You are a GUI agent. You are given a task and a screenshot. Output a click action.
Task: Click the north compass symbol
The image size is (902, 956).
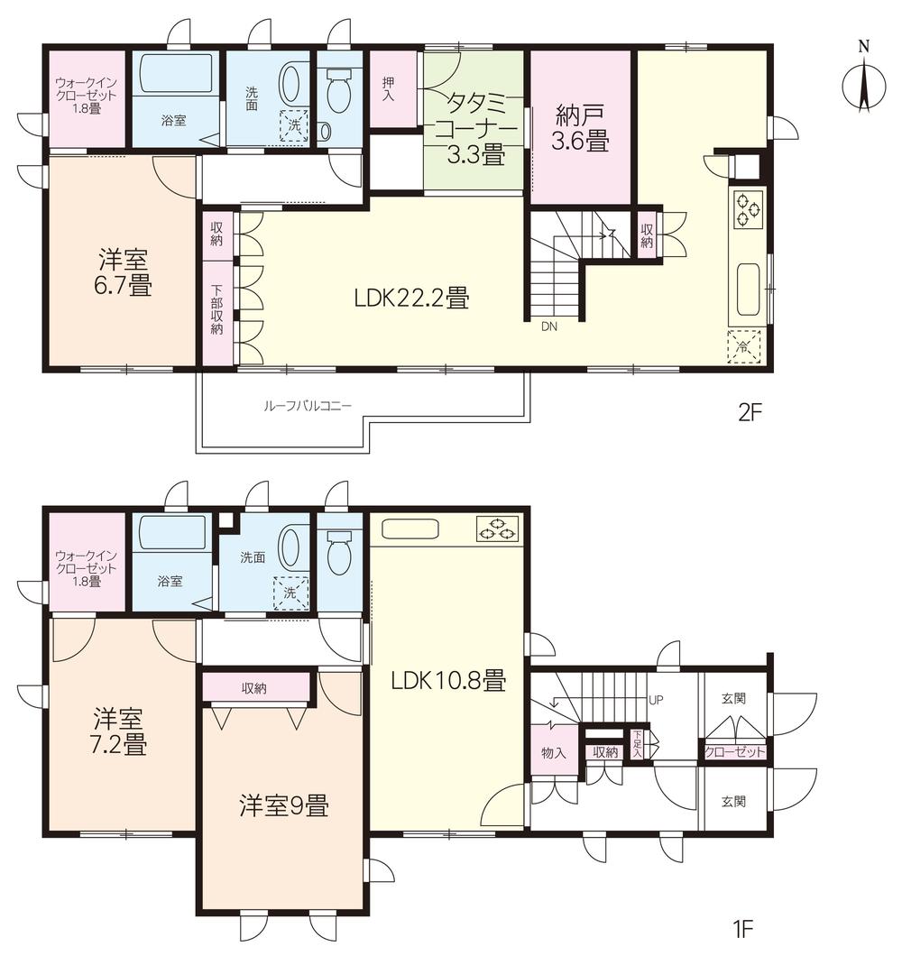pos(863,86)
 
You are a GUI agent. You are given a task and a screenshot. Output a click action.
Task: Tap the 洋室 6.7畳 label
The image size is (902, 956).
pos(124,273)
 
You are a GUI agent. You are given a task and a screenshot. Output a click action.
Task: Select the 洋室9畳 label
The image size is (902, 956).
pos(283,805)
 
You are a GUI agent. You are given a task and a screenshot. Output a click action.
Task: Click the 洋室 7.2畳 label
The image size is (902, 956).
pos(121,732)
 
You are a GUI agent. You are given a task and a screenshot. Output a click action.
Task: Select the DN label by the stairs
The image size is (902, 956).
pos(549,327)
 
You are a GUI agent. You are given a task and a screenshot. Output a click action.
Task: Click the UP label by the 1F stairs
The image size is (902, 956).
pos(656,699)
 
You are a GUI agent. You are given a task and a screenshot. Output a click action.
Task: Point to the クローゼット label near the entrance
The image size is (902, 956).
pos(734,751)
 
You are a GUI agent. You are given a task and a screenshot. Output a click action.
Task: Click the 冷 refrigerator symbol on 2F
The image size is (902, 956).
pos(744,346)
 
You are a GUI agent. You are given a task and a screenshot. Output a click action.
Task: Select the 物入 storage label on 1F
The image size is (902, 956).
pos(553,753)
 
